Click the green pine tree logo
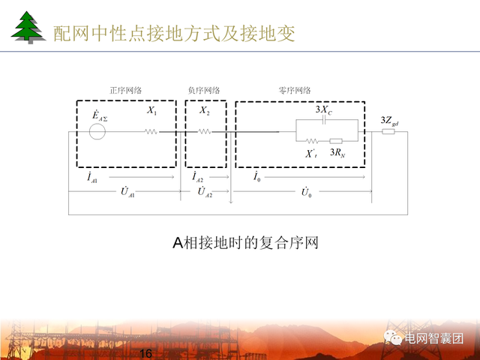pyautogui.click(x=28, y=28)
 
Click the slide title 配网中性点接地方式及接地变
pyautogui.click(x=174, y=34)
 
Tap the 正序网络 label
pyautogui.click(x=124, y=91)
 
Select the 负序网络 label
pyautogui.click(x=204, y=91)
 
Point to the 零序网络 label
pyautogui.click(x=295, y=91)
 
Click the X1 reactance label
pyautogui.click(x=152, y=111)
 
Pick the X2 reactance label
pyautogui.click(x=205, y=111)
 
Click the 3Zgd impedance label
pyautogui.click(x=389, y=120)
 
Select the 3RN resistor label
pyautogui.click(x=337, y=153)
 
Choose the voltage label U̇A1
pyautogui.click(x=127, y=193)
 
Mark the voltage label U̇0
pyautogui.click(x=306, y=193)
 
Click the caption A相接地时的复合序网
pyautogui.click(x=245, y=243)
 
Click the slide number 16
pyautogui.click(x=145, y=353)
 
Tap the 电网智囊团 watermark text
pyautogui.click(x=433, y=338)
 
